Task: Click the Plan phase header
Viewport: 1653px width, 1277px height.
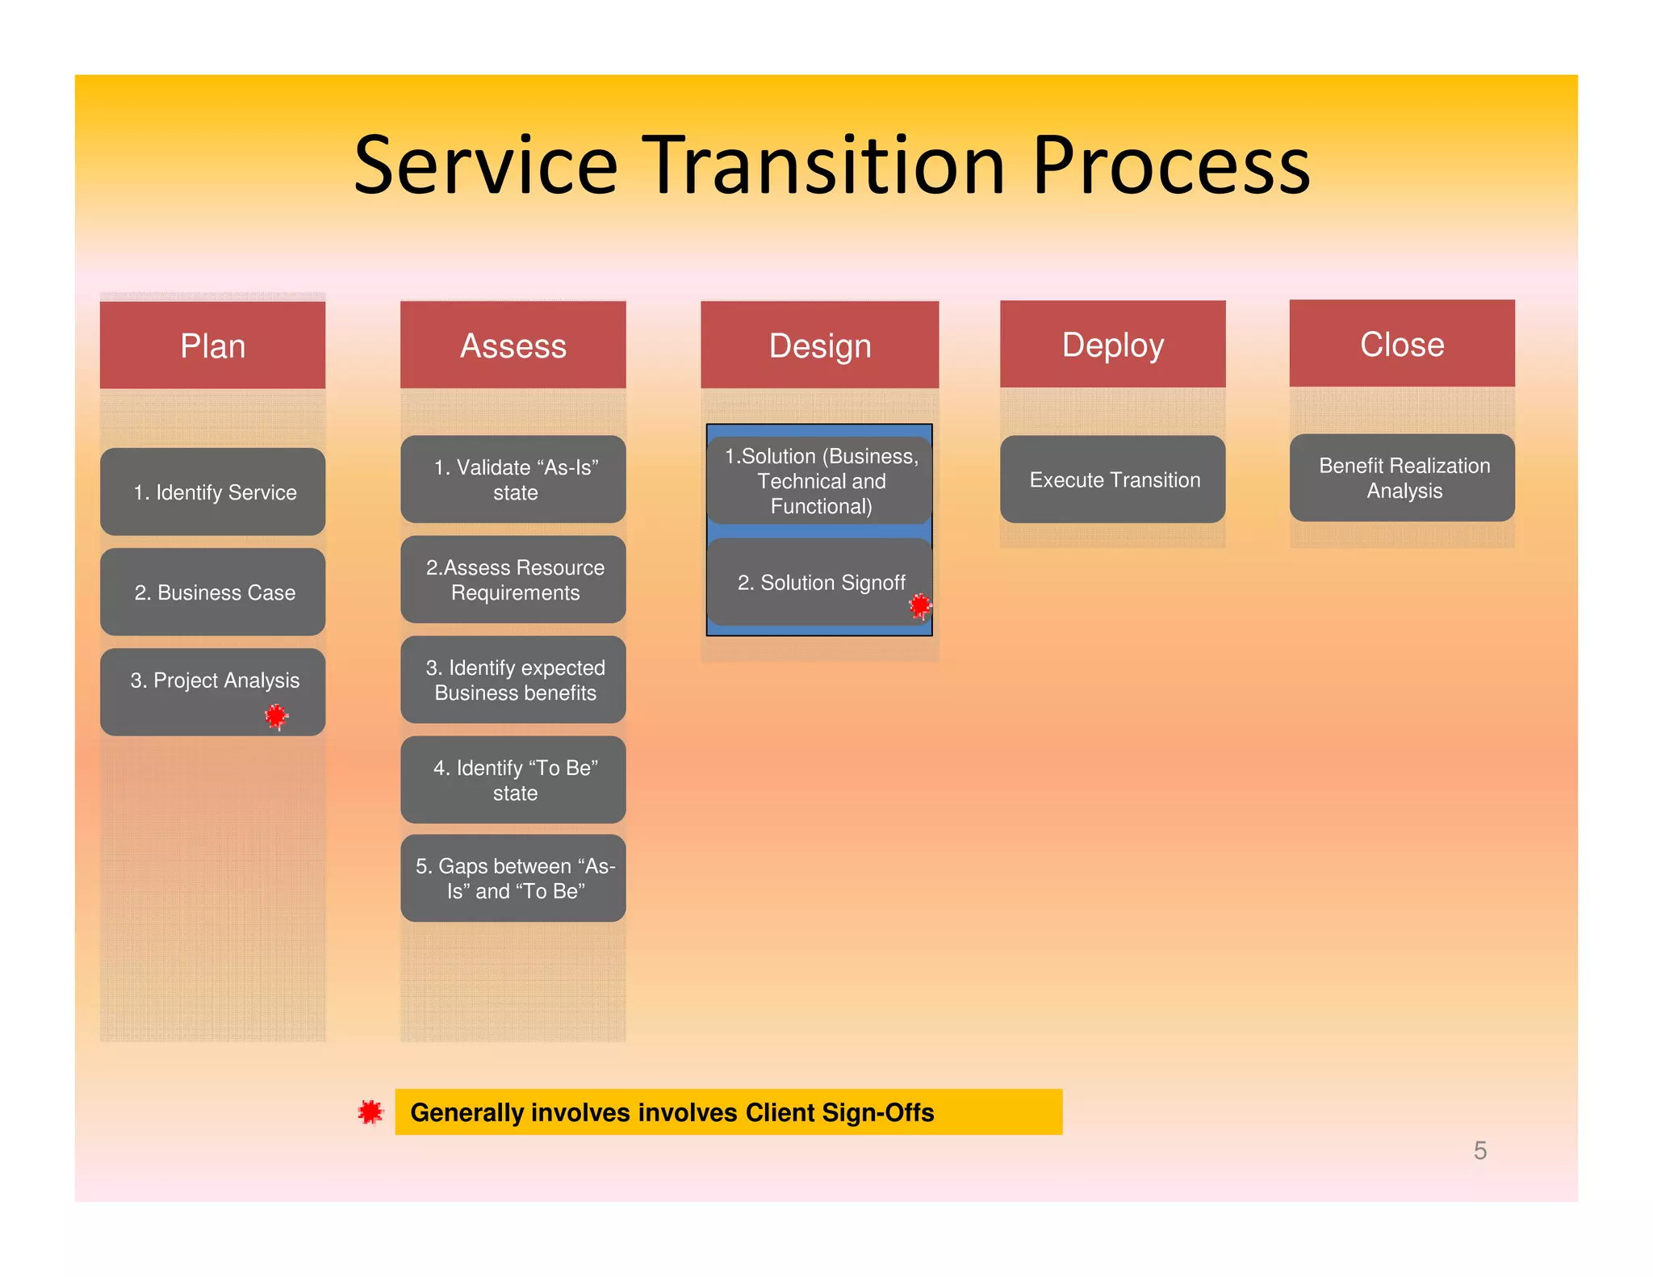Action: (x=212, y=345)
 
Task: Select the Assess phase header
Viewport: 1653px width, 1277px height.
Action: (x=513, y=345)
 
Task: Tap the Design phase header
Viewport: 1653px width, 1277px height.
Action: (x=819, y=345)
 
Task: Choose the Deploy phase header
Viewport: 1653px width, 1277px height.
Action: (x=1112, y=345)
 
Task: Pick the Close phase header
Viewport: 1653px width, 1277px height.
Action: (x=1401, y=344)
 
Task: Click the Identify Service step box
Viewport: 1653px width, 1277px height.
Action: (x=212, y=492)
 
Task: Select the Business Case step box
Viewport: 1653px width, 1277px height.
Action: (x=212, y=592)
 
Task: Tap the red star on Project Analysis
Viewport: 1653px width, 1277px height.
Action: (x=276, y=715)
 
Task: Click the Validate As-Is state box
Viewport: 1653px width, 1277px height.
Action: (x=513, y=479)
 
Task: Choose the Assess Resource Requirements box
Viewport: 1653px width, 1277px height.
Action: (x=513, y=580)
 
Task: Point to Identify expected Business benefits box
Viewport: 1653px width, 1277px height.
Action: (x=513, y=680)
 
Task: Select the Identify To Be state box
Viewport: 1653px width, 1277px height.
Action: (x=513, y=780)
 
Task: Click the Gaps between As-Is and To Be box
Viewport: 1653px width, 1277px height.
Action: (x=513, y=878)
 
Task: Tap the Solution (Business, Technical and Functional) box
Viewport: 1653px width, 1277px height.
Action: (x=819, y=481)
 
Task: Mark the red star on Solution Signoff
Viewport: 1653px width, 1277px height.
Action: (x=919, y=605)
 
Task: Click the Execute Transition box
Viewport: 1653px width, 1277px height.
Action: (x=1112, y=479)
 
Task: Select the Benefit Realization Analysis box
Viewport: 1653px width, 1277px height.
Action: (x=1401, y=478)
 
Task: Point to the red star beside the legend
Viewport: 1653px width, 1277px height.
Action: (x=370, y=1112)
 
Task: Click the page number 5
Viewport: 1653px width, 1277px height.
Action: (x=1479, y=1150)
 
